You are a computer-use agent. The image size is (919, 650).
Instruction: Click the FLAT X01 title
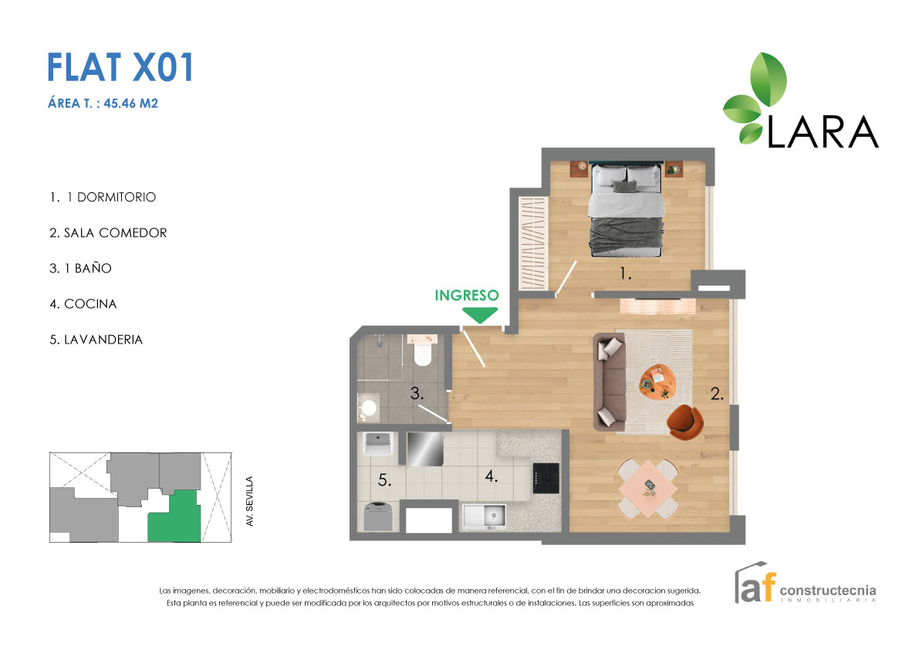click(120, 67)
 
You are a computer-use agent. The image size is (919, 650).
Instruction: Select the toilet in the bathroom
click(422, 353)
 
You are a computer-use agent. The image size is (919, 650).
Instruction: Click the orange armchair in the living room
click(684, 419)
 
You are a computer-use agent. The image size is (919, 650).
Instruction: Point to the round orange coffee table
click(657, 380)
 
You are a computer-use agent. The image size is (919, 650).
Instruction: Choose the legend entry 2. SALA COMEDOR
click(108, 233)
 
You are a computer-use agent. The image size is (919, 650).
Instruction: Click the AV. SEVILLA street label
click(249, 501)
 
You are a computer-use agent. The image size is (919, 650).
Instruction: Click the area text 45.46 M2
click(136, 103)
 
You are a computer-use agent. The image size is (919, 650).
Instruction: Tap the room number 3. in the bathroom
click(417, 394)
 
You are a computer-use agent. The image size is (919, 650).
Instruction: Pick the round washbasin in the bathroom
click(369, 407)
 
